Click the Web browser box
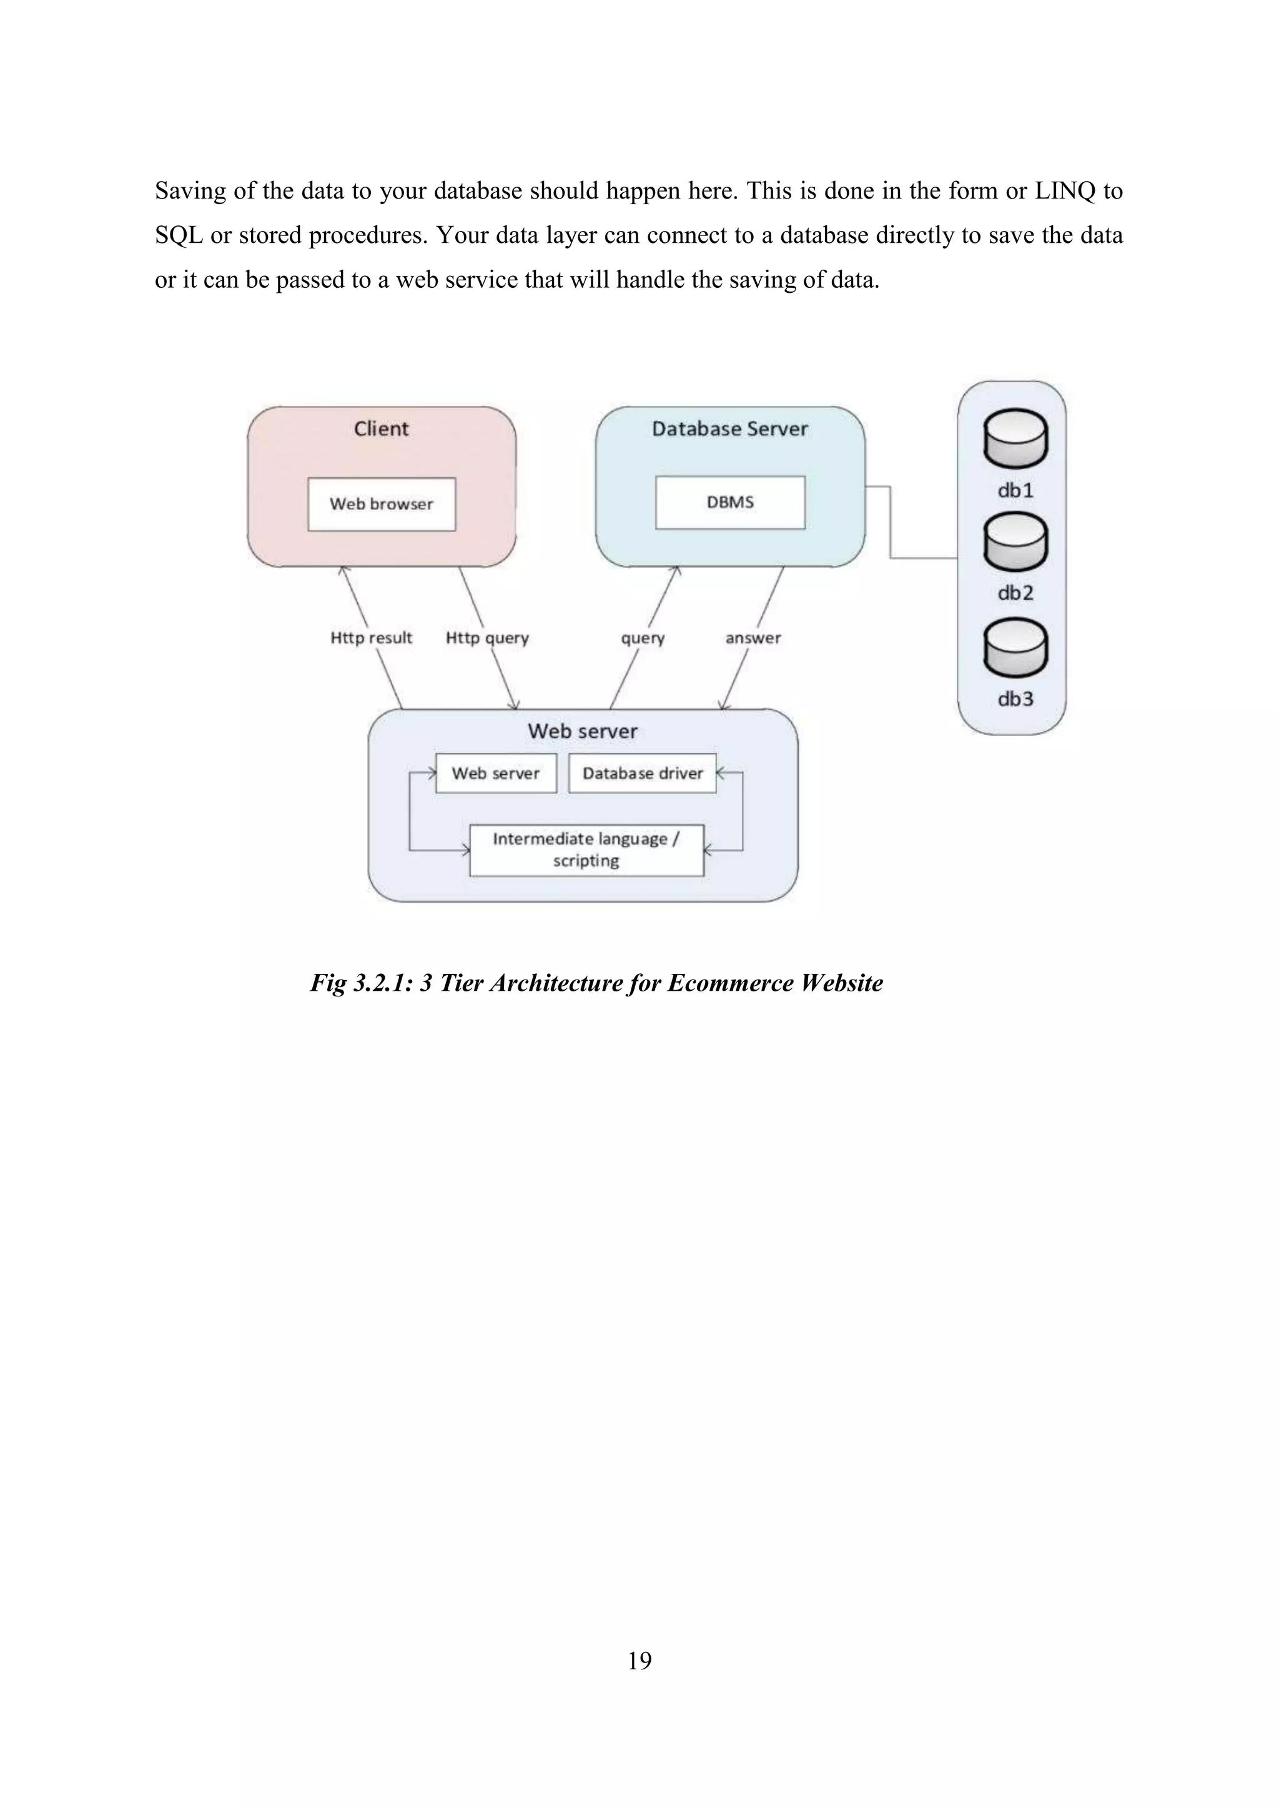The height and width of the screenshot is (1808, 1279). click(x=381, y=504)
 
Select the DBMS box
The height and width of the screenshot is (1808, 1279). click(x=730, y=503)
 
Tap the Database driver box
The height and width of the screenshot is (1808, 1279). click(x=642, y=774)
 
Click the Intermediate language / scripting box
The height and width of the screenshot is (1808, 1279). click(x=586, y=850)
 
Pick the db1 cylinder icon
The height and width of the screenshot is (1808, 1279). click(x=1015, y=439)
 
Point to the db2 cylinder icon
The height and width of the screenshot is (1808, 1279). click(x=1015, y=542)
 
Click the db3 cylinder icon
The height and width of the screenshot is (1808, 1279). click(x=1015, y=647)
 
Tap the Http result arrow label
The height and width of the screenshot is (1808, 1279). click(x=371, y=638)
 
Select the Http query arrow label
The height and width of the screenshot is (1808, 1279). click(x=486, y=638)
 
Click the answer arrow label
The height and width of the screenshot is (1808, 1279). click(x=753, y=638)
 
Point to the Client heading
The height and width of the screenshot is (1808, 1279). click(x=381, y=429)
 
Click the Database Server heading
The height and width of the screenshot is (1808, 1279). click(x=730, y=429)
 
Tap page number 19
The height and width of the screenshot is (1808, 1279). click(x=639, y=1660)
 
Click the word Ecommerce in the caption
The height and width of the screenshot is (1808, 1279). click(x=730, y=983)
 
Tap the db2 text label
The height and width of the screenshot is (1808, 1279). click(x=1015, y=593)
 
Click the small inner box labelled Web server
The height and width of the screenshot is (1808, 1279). click(x=495, y=774)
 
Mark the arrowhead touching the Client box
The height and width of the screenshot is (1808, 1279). click(x=342, y=570)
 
